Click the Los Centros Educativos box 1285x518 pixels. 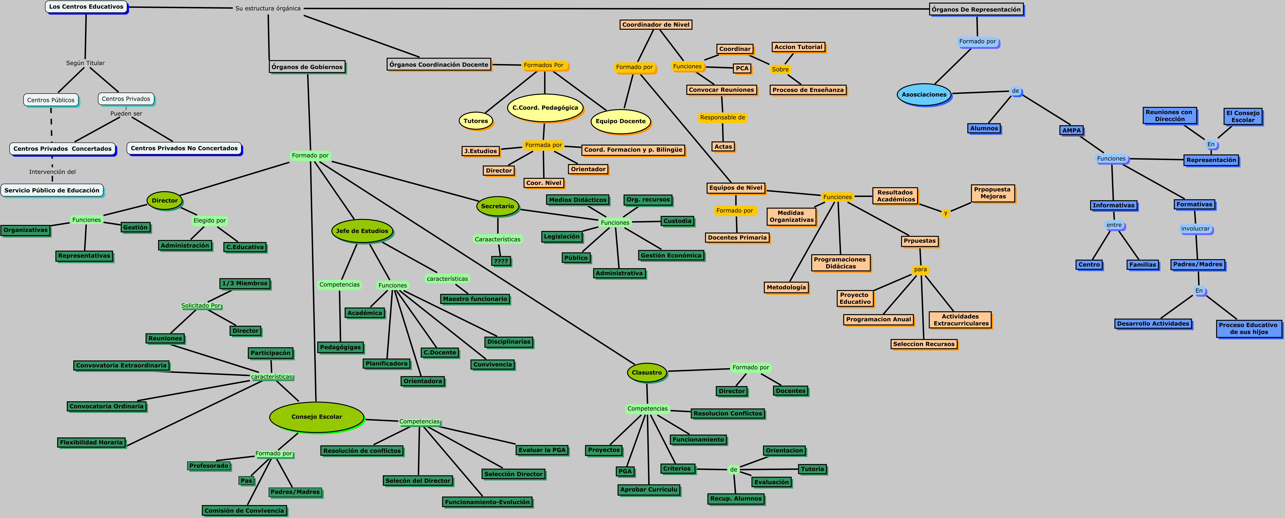click(86, 7)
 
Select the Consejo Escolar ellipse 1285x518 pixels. click(316, 417)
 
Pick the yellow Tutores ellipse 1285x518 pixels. click(475, 121)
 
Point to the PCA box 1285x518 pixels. click(742, 68)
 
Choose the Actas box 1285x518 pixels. click(723, 147)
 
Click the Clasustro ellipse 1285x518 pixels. click(646, 372)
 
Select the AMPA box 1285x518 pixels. click(1071, 130)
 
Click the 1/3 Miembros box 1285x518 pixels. click(245, 283)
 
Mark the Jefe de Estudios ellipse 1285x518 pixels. click(362, 231)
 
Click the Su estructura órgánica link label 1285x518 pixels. click(268, 8)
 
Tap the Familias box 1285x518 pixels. click(1142, 265)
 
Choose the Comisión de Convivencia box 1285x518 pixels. click(244, 511)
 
